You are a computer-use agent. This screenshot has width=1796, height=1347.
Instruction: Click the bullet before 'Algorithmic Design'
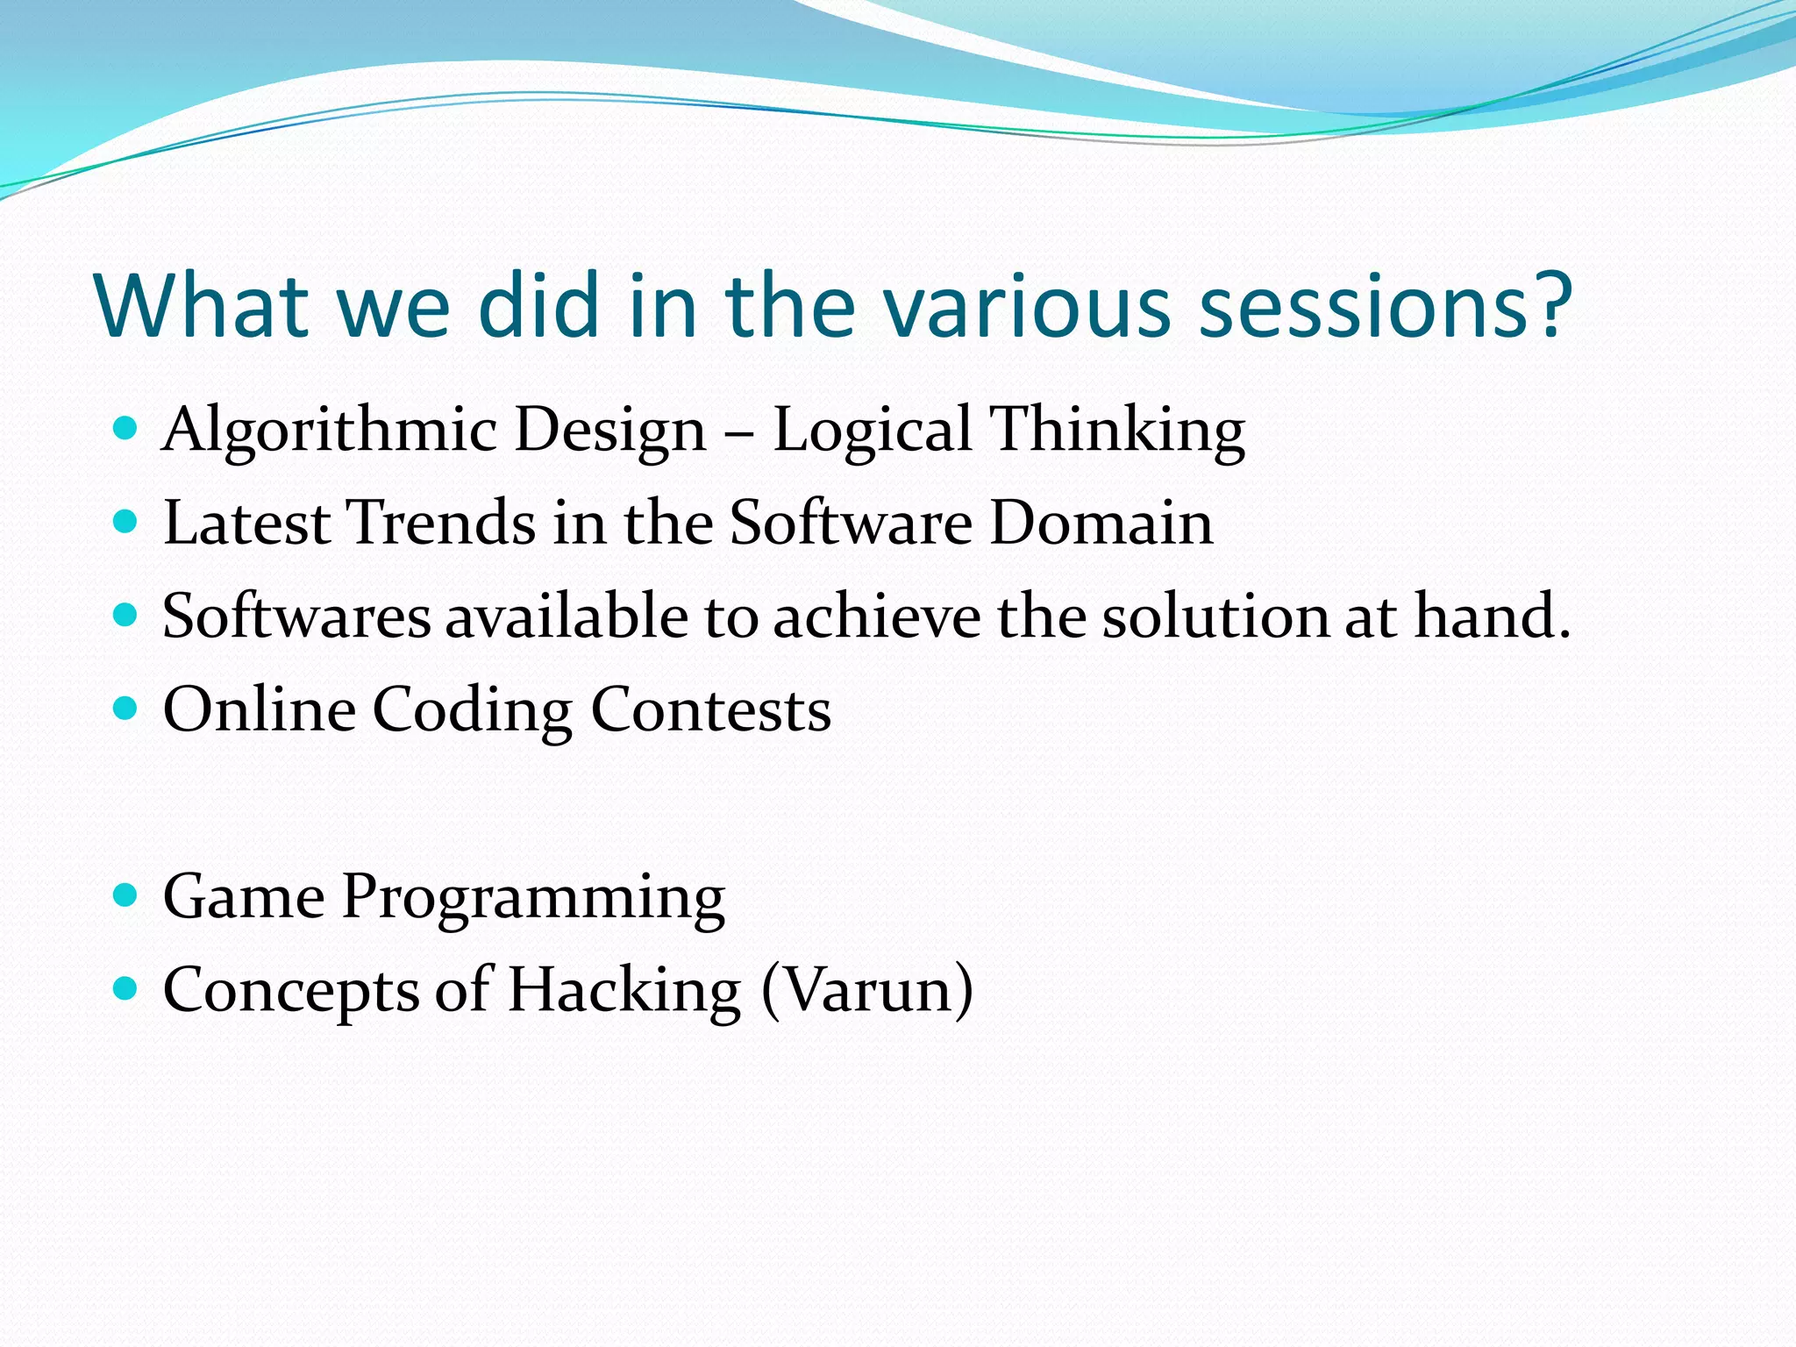126,429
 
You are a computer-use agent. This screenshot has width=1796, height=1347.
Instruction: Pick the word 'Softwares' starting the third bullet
296,616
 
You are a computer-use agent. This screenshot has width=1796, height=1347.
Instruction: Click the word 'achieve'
876,616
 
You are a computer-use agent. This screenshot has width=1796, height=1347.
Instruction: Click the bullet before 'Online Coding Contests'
126,708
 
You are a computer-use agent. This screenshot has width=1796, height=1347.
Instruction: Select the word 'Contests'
710,710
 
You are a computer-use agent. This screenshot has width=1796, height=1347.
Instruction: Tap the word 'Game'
244,897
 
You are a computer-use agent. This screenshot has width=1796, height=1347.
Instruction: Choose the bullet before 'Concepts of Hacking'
126,989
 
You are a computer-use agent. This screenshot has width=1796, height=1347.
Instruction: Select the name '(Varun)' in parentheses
867,991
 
